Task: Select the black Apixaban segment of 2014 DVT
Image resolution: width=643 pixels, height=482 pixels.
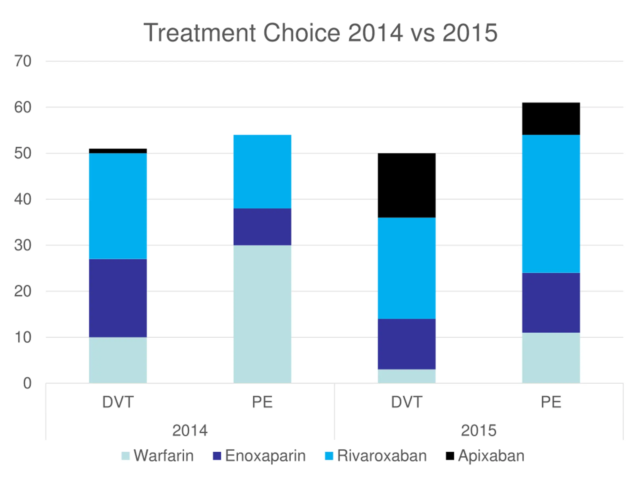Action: click(x=118, y=151)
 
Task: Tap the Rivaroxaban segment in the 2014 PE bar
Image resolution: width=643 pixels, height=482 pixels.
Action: click(x=262, y=171)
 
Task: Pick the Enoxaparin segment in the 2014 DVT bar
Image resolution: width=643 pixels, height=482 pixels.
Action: click(x=118, y=298)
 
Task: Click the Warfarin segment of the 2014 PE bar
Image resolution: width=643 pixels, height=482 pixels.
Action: click(x=262, y=314)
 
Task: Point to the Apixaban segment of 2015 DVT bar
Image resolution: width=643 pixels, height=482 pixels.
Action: click(x=406, y=185)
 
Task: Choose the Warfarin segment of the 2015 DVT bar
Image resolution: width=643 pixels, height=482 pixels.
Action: click(x=406, y=376)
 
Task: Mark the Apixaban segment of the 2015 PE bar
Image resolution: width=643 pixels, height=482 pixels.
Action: click(x=551, y=118)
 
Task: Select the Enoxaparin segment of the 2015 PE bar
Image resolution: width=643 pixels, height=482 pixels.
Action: click(x=551, y=303)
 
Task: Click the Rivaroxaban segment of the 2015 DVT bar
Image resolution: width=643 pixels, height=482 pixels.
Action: click(x=406, y=268)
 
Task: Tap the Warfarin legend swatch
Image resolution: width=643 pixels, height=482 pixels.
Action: click(x=125, y=456)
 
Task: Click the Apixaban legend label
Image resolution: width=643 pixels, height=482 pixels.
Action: click(x=491, y=456)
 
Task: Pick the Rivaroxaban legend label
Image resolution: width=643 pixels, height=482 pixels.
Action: click(x=382, y=456)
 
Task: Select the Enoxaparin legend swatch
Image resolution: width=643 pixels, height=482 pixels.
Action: click(x=217, y=456)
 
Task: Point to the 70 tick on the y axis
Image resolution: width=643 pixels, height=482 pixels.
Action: click(x=23, y=61)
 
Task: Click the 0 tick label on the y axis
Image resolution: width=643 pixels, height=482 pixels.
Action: click(x=27, y=383)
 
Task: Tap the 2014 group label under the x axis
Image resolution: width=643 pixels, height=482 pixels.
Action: click(x=190, y=430)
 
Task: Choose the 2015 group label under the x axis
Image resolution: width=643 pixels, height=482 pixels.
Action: click(x=478, y=430)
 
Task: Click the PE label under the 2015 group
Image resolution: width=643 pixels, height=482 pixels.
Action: click(x=551, y=402)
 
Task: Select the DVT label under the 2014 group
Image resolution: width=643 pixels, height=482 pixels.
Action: click(x=118, y=402)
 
